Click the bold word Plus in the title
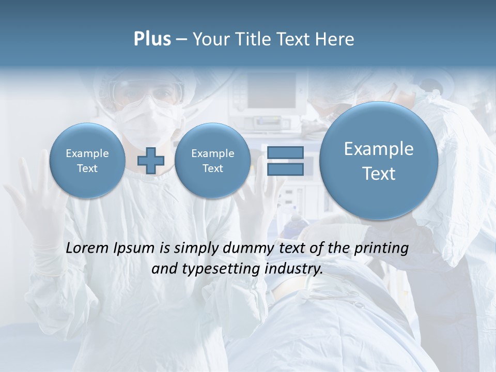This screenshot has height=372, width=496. click(152, 39)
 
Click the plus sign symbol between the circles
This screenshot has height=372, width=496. click(151, 160)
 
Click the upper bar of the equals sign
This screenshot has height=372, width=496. click(285, 152)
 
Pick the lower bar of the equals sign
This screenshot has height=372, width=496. click(285, 169)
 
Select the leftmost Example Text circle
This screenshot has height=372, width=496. click(87, 161)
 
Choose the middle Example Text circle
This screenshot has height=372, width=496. click(212, 161)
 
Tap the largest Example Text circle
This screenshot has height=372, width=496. click(379, 161)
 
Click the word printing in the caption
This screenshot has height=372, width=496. click(381, 249)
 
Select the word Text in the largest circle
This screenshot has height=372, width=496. click(379, 174)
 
